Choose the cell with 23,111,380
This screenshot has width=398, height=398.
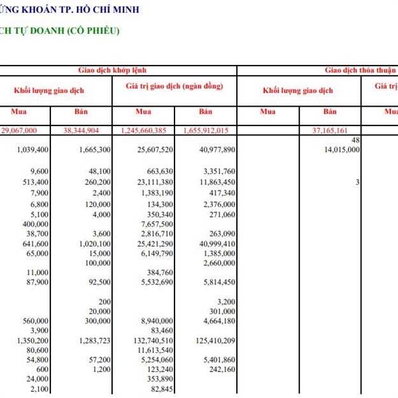click(152, 182)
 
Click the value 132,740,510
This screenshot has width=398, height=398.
click(150, 341)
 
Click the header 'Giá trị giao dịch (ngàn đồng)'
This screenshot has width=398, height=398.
click(174, 87)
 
